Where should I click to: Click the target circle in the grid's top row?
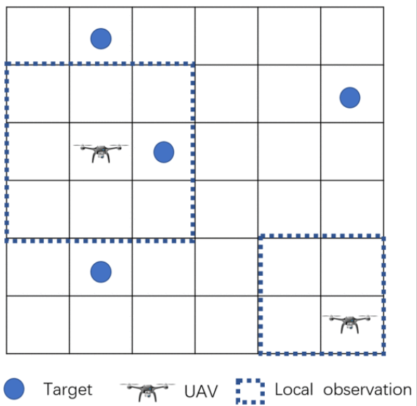click(101, 39)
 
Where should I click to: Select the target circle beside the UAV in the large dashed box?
click(164, 152)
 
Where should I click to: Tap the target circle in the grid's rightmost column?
click(349, 98)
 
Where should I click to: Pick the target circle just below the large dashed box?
click(101, 272)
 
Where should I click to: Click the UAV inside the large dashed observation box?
click(101, 153)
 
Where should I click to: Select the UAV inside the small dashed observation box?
click(349, 324)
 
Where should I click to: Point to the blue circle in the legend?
click(14, 388)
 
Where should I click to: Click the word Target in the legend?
click(68, 390)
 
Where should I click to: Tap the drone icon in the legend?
click(147, 392)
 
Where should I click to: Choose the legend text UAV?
click(201, 391)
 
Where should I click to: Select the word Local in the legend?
click(294, 390)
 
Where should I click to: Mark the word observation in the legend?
click(367, 390)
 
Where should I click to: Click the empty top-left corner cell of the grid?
click(38, 36)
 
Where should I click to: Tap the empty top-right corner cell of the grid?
click(352, 36)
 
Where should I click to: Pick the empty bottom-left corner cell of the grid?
click(38, 324)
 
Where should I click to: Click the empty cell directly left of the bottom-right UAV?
click(289, 324)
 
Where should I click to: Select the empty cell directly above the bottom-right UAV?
click(352, 267)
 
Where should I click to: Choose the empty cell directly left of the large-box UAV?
click(38, 151)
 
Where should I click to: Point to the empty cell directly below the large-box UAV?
click(101, 209)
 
